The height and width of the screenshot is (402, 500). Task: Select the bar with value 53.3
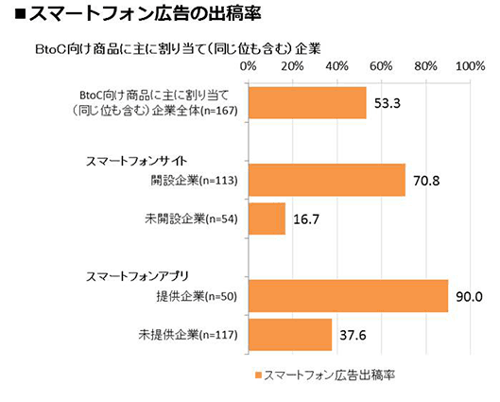(307, 103)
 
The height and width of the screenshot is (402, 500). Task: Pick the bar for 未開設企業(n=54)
(267, 219)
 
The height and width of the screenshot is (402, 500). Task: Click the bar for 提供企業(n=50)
(348, 295)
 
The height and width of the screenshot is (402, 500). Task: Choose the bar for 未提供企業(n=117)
(290, 334)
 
